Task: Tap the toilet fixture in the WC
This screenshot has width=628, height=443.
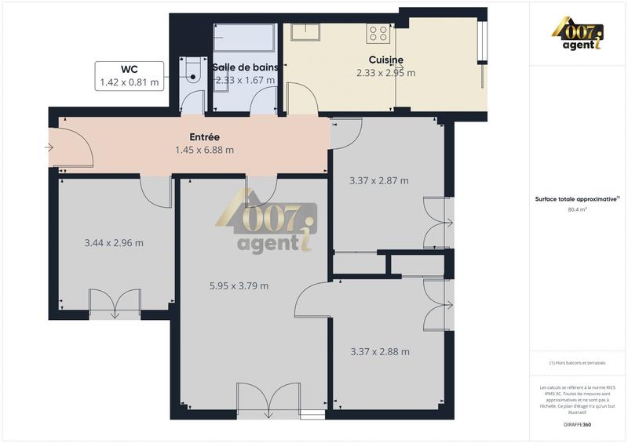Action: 190,71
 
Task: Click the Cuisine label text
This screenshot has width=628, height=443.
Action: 386,60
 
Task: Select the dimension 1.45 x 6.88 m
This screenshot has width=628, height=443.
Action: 204,150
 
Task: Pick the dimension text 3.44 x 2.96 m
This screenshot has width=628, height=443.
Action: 114,243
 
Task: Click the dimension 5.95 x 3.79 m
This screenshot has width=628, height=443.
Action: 239,286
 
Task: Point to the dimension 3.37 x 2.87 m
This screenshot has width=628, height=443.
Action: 378,180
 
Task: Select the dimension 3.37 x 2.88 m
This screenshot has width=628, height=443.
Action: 379,352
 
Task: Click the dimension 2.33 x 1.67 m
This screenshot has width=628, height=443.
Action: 244,80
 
